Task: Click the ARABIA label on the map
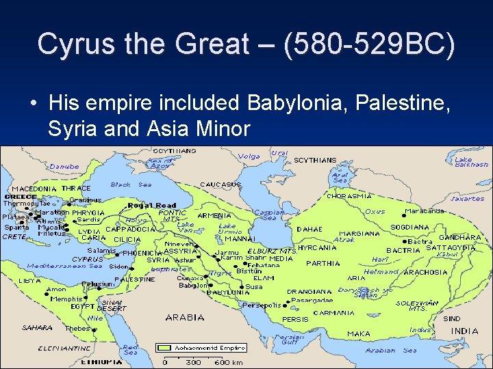click(x=185, y=317)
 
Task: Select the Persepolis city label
click(x=262, y=305)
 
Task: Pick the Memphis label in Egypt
click(x=66, y=299)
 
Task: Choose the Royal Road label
click(x=152, y=205)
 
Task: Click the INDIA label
click(x=465, y=331)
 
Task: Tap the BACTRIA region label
click(x=403, y=251)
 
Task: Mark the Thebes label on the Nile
click(x=77, y=329)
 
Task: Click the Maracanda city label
click(x=425, y=211)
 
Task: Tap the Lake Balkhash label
click(x=472, y=162)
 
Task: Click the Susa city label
click(x=254, y=287)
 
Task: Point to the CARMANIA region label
click(x=333, y=313)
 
